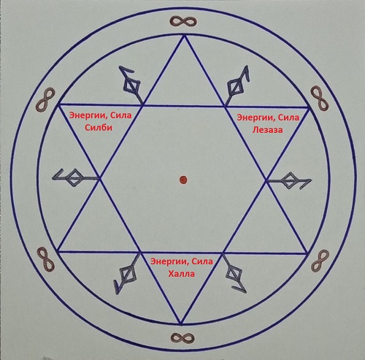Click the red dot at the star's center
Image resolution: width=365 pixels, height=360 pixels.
[x=183, y=180]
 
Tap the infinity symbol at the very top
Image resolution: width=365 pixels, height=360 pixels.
[x=183, y=21]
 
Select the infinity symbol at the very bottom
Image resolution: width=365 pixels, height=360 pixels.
[x=182, y=337]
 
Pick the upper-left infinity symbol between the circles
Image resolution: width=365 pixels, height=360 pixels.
[x=45, y=100]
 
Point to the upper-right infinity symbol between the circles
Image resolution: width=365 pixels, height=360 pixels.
[x=320, y=98]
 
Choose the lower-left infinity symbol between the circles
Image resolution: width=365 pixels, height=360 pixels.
[x=46, y=260]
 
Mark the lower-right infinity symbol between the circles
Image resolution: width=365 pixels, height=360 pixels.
[x=320, y=261]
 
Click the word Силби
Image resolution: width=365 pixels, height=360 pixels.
[x=99, y=127]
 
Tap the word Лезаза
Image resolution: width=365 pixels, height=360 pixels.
[x=267, y=130]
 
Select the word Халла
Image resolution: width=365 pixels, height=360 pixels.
[x=182, y=274]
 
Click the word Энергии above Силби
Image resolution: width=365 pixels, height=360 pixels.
[x=87, y=115]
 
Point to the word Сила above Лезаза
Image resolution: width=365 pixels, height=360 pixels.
[x=288, y=118]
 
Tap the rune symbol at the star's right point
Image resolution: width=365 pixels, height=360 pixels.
[x=289, y=181]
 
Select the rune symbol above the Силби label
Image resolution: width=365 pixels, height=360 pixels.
[x=131, y=85]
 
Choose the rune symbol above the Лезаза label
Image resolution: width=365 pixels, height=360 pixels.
[x=237, y=85]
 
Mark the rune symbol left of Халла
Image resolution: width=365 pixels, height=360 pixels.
[x=127, y=274]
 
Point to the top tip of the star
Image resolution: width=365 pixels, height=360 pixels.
[x=184, y=36]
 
